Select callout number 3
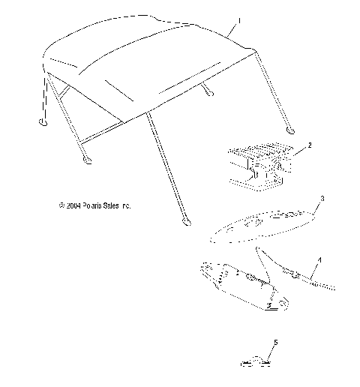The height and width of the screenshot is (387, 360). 322,199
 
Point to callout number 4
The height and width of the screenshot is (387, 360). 320,259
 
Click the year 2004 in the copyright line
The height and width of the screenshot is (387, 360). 73,204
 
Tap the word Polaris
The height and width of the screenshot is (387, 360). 93,204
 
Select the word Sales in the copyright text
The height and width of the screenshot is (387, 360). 114,204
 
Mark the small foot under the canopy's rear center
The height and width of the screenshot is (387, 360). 208,94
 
